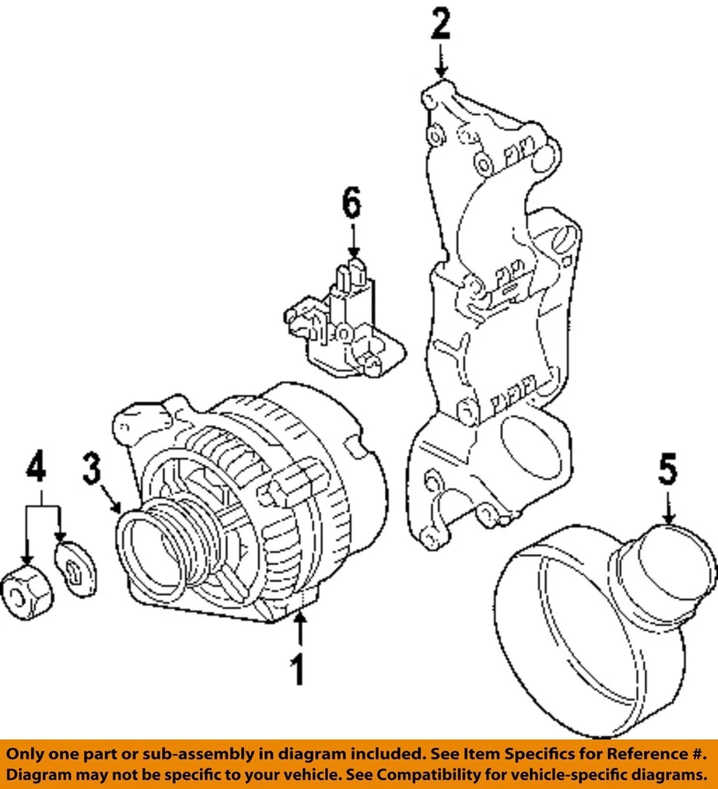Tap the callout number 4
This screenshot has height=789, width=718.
click(x=35, y=468)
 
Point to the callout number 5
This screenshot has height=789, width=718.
click(x=667, y=471)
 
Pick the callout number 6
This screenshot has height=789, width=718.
click(x=351, y=202)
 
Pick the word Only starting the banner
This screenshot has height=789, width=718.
click(x=30, y=753)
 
